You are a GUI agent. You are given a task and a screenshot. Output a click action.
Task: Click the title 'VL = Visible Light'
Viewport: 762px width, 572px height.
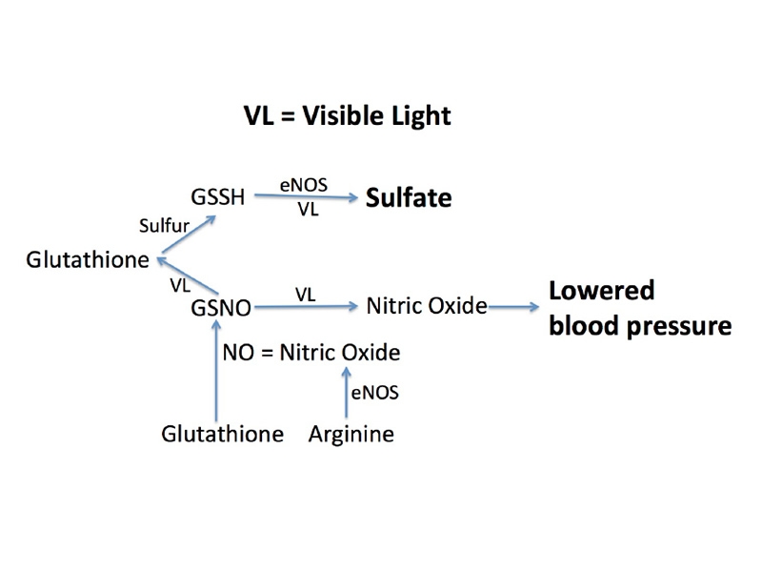click(347, 116)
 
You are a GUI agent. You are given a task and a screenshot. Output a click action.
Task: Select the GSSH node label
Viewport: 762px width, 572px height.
click(218, 197)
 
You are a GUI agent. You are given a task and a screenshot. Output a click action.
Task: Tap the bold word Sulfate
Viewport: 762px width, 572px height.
click(409, 198)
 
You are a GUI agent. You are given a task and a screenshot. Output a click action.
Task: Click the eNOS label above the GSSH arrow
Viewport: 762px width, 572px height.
click(304, 185)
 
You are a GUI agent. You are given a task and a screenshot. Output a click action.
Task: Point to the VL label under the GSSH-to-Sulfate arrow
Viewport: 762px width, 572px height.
click(308, 209)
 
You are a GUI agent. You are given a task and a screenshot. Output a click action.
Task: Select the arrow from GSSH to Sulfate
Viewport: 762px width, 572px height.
click(306, 196)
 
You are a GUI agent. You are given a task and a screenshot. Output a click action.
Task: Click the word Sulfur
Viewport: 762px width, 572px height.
click(164, 226)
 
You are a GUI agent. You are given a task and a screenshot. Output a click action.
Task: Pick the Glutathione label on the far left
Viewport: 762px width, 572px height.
click(88, 259)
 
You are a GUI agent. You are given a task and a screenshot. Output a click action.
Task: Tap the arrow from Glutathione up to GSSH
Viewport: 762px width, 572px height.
click(188, 234)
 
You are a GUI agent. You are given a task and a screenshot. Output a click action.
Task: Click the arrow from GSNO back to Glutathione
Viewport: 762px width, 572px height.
click(188, 276)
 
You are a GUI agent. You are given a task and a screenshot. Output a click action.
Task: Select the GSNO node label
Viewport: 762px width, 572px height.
click(221, 308)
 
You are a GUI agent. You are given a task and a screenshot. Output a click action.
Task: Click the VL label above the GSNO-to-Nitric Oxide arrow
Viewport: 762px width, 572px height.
click(305, 295)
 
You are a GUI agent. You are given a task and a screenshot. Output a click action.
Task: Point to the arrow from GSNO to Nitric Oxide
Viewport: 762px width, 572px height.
click(306, 306)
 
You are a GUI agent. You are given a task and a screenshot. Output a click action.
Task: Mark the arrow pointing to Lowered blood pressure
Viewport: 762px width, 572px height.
click(513, 307)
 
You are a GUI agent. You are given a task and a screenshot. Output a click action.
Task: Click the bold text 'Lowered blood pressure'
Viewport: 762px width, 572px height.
click(640, 308)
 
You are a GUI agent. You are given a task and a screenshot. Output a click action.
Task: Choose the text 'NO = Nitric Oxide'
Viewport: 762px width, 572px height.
click(311, 353)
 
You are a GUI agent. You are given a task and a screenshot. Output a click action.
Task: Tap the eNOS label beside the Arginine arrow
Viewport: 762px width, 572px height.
click(374, 393)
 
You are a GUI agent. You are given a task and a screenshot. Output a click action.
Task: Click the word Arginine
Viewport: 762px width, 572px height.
click(351, 434)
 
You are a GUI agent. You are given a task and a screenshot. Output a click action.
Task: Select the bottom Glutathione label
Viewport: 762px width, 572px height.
click(223, 434)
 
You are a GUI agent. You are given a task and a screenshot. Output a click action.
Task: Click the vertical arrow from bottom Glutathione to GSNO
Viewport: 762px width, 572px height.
click(217, 370)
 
